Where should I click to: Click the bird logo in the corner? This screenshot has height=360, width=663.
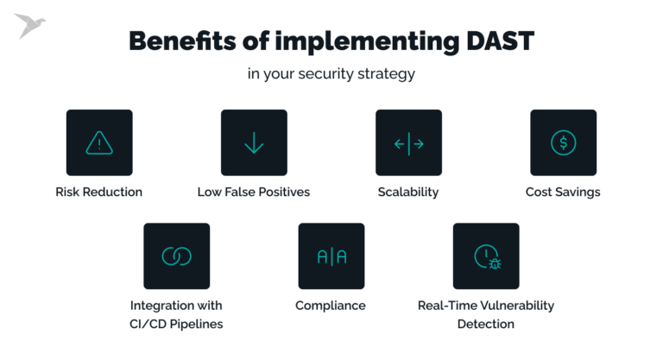tap(29, 27)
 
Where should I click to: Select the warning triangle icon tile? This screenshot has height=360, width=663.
tap(99, 143)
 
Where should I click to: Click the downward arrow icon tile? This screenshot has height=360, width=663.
tap(254, 143)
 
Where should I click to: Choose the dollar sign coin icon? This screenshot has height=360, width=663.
tap(563, 143)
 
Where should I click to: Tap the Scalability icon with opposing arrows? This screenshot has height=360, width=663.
tap(408, 143)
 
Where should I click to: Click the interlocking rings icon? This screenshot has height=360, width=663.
tap(176, 256)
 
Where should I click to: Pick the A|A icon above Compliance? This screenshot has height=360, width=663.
tap(331, 256)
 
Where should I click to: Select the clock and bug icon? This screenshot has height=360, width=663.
tap(486, 256)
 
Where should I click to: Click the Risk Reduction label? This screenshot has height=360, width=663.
tap(99, 192)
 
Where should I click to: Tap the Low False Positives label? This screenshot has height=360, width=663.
tap(254, 192)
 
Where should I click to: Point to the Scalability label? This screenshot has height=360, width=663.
tap(408, 192)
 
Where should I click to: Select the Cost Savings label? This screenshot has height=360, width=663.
tap(563, 192)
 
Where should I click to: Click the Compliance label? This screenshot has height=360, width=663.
tap(331, 306)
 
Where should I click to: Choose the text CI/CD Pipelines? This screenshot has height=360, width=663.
tap(176, 325)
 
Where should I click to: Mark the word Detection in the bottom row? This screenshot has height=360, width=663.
tap(486, 325)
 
